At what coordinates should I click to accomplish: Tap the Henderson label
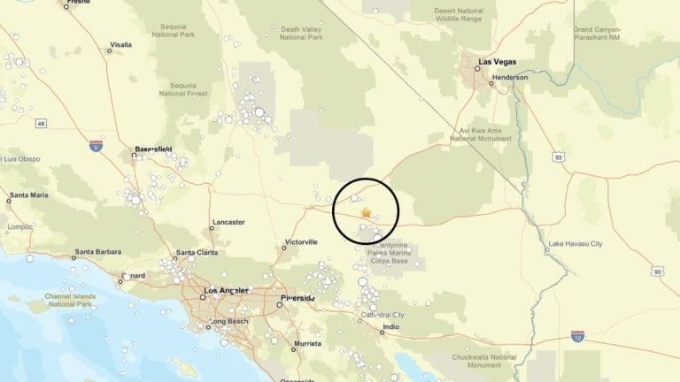click(x=510, y=77)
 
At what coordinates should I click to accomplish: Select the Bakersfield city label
click(x=153, y=149)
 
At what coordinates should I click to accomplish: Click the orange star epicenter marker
click(x=367, y=213)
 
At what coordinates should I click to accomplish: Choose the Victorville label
click(x=301, y=241)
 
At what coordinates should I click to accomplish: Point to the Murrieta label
click(x=307, y=342)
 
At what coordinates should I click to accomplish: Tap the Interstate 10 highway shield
click(x=577, y=337)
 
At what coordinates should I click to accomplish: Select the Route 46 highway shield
click(x=42, y=124)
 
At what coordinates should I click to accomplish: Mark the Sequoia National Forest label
click(x=183, y=88)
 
